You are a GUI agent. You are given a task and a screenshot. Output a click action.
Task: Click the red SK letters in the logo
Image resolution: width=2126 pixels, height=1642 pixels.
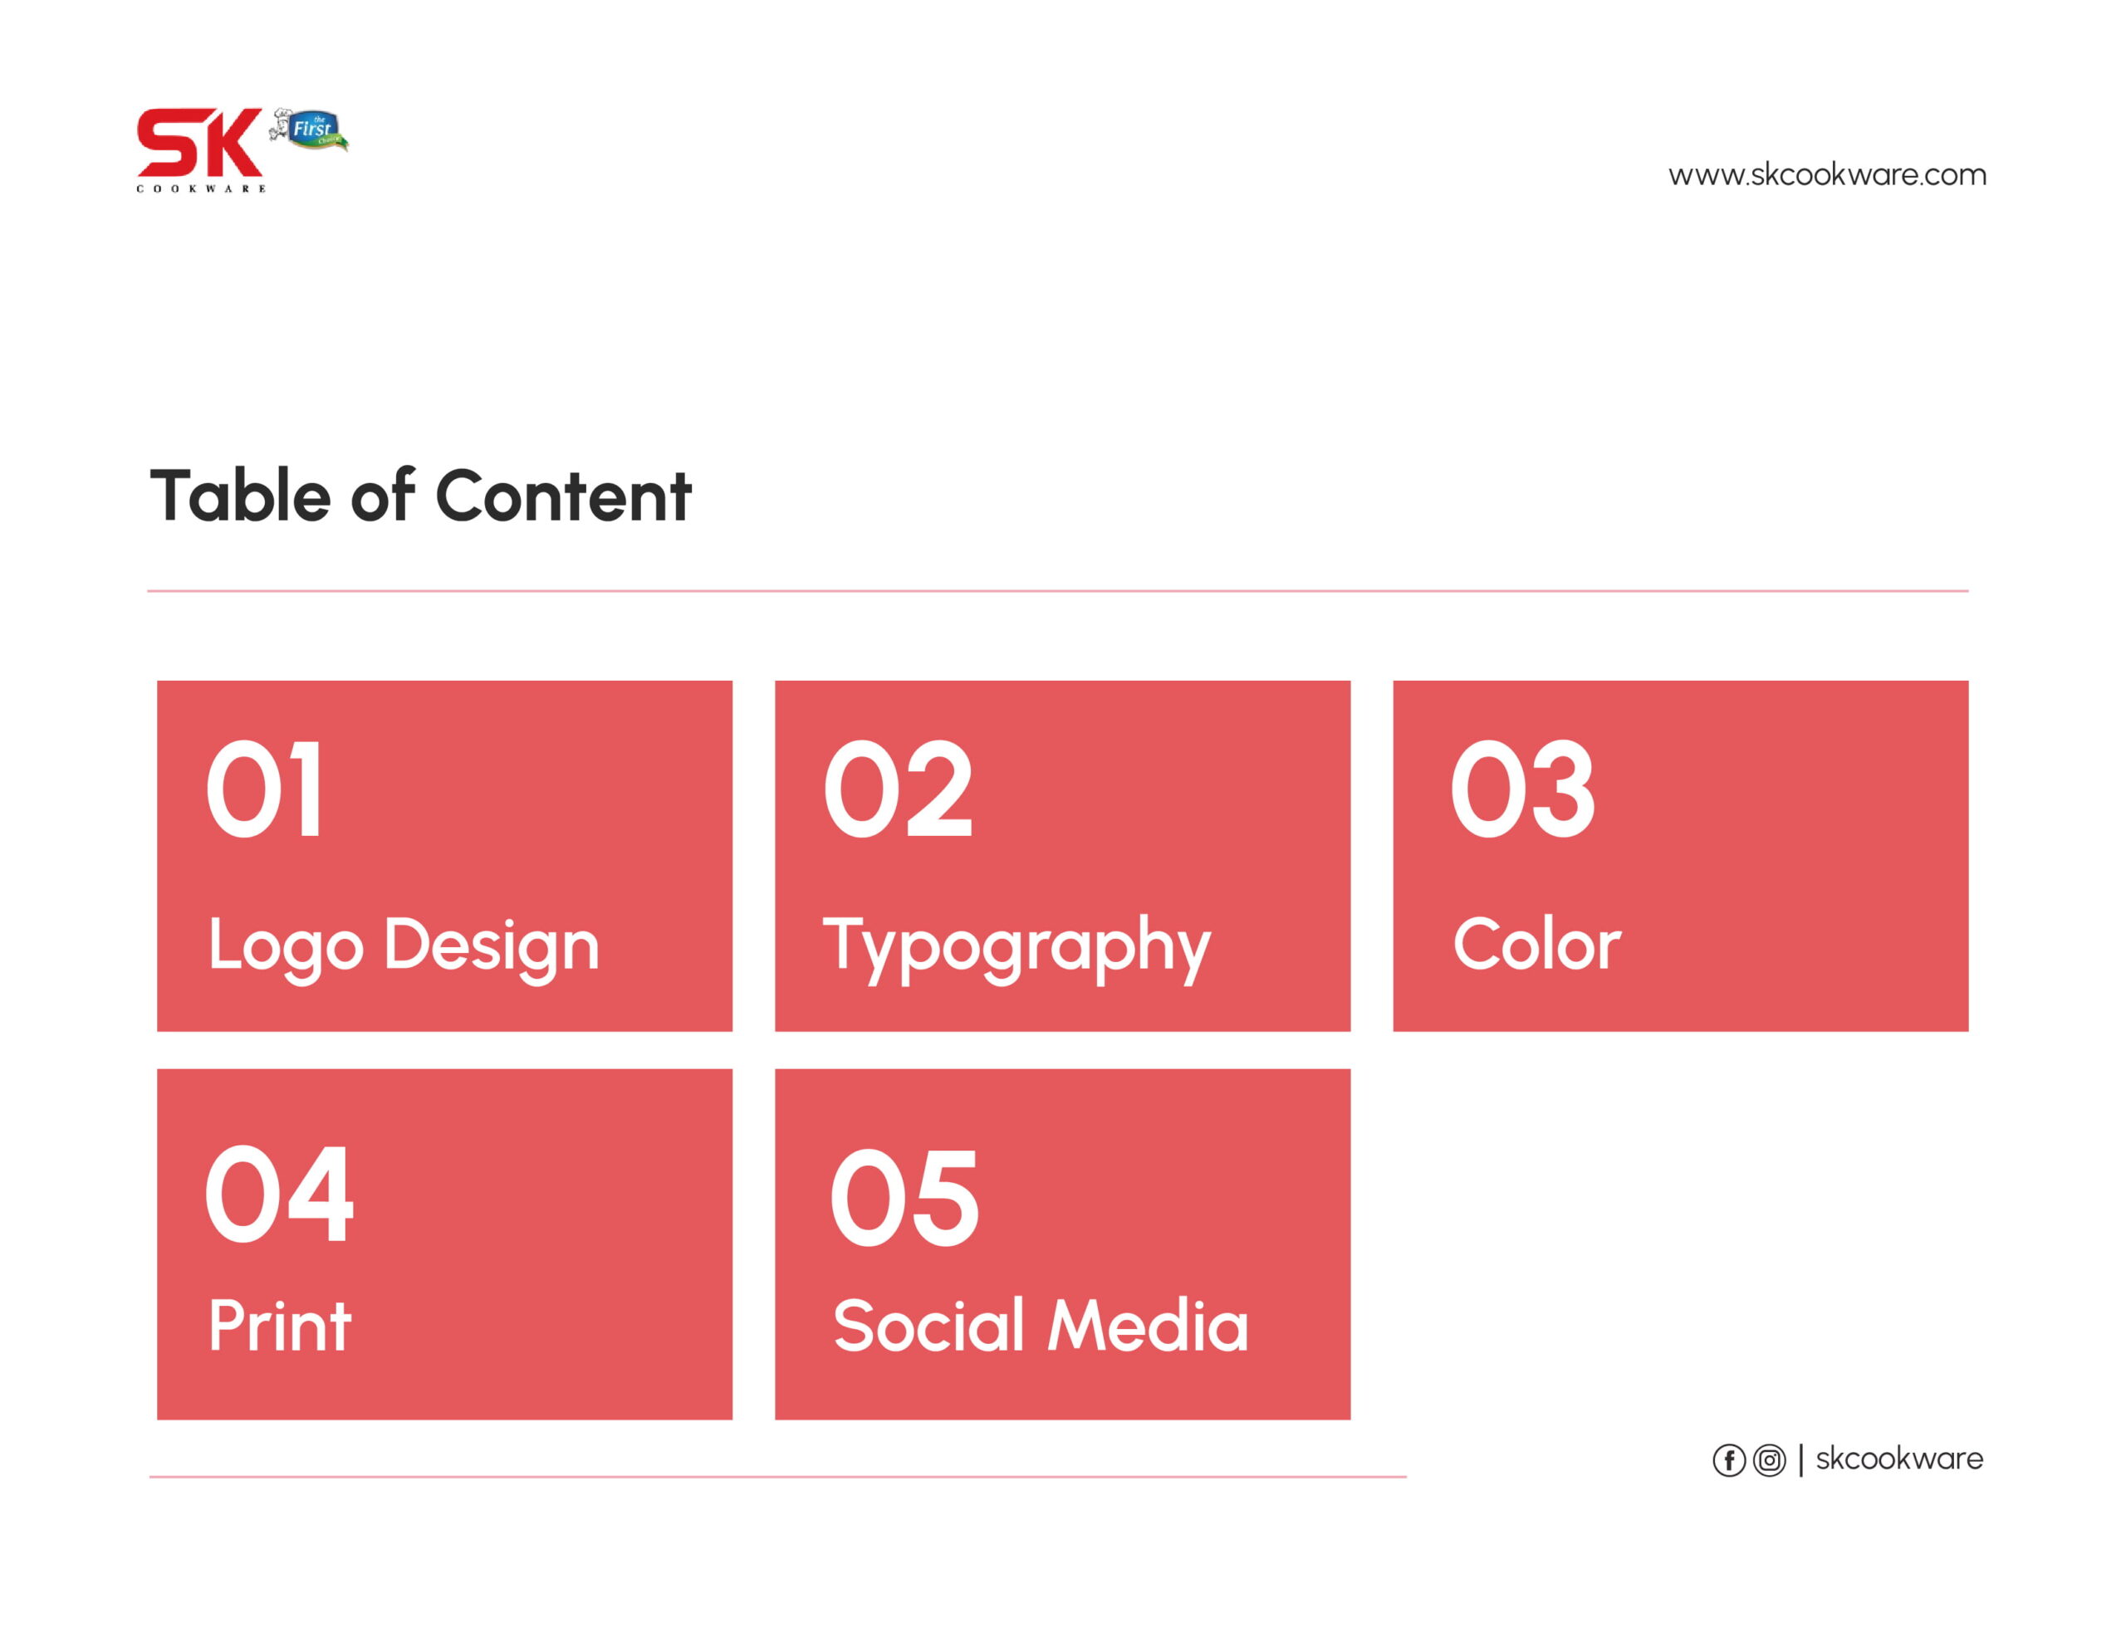click(x=199, y=142)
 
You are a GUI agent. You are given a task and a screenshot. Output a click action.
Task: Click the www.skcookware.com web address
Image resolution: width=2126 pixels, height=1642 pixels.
click(x=1827, y=175)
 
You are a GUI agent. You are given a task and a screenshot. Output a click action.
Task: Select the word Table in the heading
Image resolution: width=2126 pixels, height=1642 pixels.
click(x=241, y=496)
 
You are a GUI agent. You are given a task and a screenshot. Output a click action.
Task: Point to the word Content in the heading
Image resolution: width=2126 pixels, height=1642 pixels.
click(x=564, y=496)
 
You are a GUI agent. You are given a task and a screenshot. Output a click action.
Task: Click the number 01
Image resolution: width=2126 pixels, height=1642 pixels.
click(x=264, y=789)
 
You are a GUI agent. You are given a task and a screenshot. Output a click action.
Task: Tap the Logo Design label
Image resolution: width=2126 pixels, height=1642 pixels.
click(x=403, y=946)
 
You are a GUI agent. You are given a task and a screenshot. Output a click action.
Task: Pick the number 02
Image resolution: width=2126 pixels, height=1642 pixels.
click(x=898, y=789)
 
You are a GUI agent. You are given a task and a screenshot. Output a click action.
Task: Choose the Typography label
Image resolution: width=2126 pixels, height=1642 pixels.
click(x=1017, y=948)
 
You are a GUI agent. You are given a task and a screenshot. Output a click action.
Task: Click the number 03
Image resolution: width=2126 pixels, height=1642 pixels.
click(x=1522, y=789)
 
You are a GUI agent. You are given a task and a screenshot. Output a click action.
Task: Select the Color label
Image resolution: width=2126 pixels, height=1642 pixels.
click(x=1537, y=944)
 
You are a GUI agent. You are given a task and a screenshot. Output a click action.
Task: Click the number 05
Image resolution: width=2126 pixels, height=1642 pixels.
click(x=904, y=1197)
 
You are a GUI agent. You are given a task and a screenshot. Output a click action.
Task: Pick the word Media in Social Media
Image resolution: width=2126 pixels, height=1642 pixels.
click(x=1148, y=1326)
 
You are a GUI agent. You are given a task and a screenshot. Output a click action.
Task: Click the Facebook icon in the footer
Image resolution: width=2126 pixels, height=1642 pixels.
click(x=1729, y=1461)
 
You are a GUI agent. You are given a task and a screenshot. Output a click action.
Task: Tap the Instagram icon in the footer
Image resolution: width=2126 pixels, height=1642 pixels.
click(x=1770, y=1461)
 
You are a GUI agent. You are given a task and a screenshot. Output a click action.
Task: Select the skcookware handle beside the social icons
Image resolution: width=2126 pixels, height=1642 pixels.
click(x=1899, y=1459)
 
